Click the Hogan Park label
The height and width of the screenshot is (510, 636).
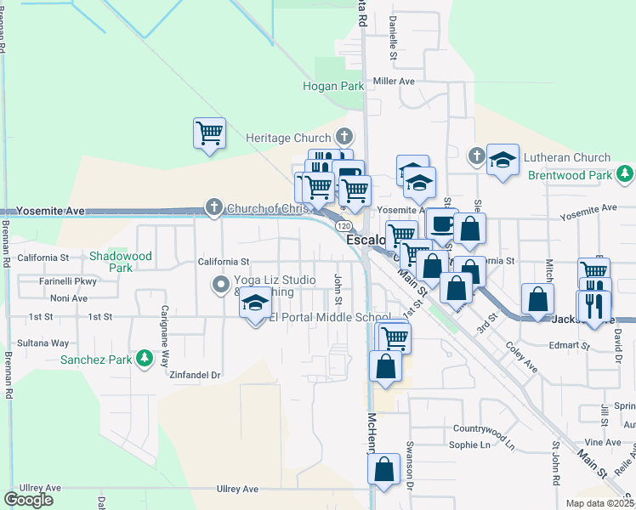pyautogui.click(x=333, y=86)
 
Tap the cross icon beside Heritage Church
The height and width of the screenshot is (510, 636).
pyautogui.click(x=344, y=137)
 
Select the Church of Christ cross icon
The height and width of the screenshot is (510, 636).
pyautogui.click(x=213, y=207)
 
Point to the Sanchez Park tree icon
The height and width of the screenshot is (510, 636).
pyautogui.click(x=145, y=359)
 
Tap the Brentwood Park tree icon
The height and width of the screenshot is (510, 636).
pyautogui.click(x=625, y=173)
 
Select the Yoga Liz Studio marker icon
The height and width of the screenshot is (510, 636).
pyautogui.click(x=221, y=284)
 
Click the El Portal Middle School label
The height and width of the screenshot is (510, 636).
pyautogui.click(x=330, y=317)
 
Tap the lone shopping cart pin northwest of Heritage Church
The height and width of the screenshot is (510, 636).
pyautogui.click(x=209, y=133)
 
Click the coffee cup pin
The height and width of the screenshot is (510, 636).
pyautogui.click(x=441, y=224)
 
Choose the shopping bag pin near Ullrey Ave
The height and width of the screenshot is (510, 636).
pyautogui.click(x=384, y=469)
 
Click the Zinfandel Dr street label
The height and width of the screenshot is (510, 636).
pyautogui.click(x=195, y=375)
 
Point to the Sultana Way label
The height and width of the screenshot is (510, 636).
pyautogui.click(x=48, y=343)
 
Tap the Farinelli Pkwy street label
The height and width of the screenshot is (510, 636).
pyautogui.click(x=68, y=280)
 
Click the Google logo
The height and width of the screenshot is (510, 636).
pyautogui.click(x=29, y=500)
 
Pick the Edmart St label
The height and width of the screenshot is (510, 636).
pyautogui.click(x=569, y=346)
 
